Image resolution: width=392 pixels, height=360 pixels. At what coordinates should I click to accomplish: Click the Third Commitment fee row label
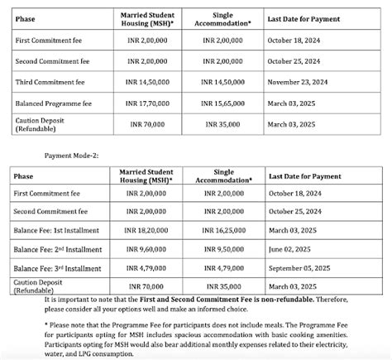(x=49, y=83)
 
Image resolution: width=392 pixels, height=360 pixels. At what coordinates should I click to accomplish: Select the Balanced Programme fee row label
(x=52, y=103)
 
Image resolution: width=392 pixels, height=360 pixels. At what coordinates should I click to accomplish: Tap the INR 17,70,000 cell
(x=150, y=103)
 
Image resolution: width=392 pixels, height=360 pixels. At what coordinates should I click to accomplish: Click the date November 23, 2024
(x=299, y=83)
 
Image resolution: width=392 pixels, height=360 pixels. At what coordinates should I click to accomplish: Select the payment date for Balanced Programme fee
(x=293, y=103)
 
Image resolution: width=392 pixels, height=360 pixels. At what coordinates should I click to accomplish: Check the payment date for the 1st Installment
(x=293, y=231)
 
